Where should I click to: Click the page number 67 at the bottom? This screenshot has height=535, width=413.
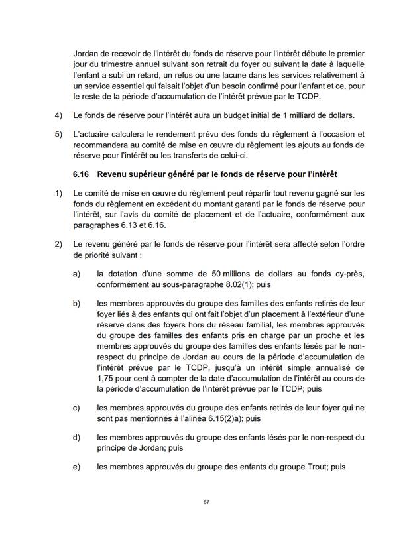(x=206, y=503)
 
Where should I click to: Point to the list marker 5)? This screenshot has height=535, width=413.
(x=58, y=134)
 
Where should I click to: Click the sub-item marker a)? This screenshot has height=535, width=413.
(x=77, y=273)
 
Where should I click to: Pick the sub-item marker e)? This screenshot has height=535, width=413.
(x=77, y=467)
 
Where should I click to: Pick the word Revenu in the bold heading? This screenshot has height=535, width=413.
(x=113, y=174)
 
